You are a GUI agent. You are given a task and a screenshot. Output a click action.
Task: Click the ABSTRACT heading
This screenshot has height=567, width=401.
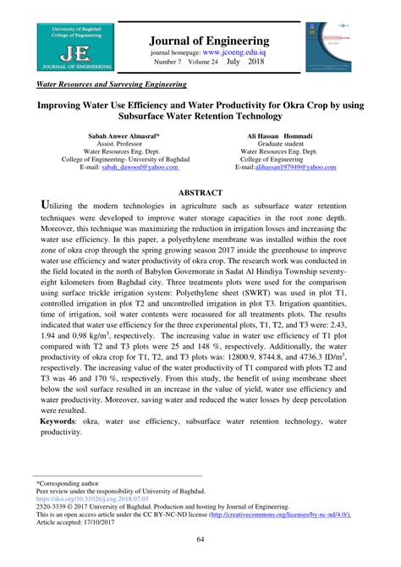(x=200, y=193)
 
